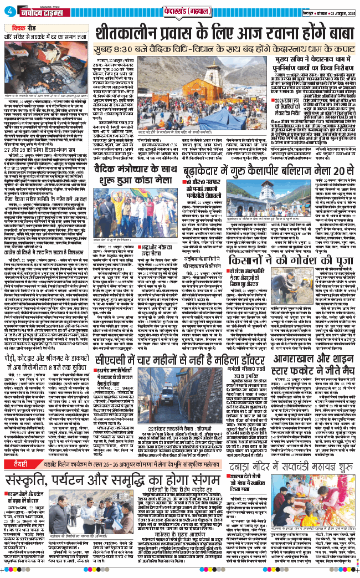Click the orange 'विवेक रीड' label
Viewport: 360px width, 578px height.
point(24,25)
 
